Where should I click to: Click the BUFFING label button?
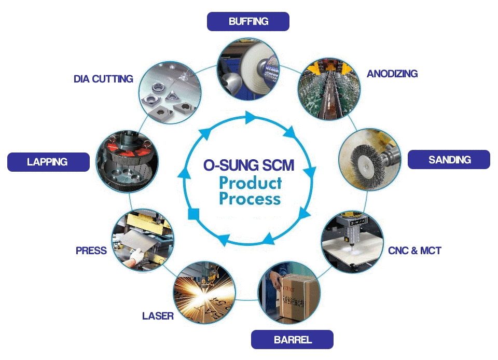248,21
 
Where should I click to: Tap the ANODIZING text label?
392,74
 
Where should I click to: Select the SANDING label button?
449,160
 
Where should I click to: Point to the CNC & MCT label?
414,251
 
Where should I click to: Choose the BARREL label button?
293,340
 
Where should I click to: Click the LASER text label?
158,315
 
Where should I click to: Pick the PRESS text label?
91,251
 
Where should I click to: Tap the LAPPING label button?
47,162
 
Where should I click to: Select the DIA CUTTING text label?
103,79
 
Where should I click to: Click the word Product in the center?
250,183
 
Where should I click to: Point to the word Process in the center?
250,199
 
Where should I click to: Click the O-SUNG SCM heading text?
248,165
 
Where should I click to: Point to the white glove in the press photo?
137,255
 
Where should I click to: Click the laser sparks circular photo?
204,291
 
